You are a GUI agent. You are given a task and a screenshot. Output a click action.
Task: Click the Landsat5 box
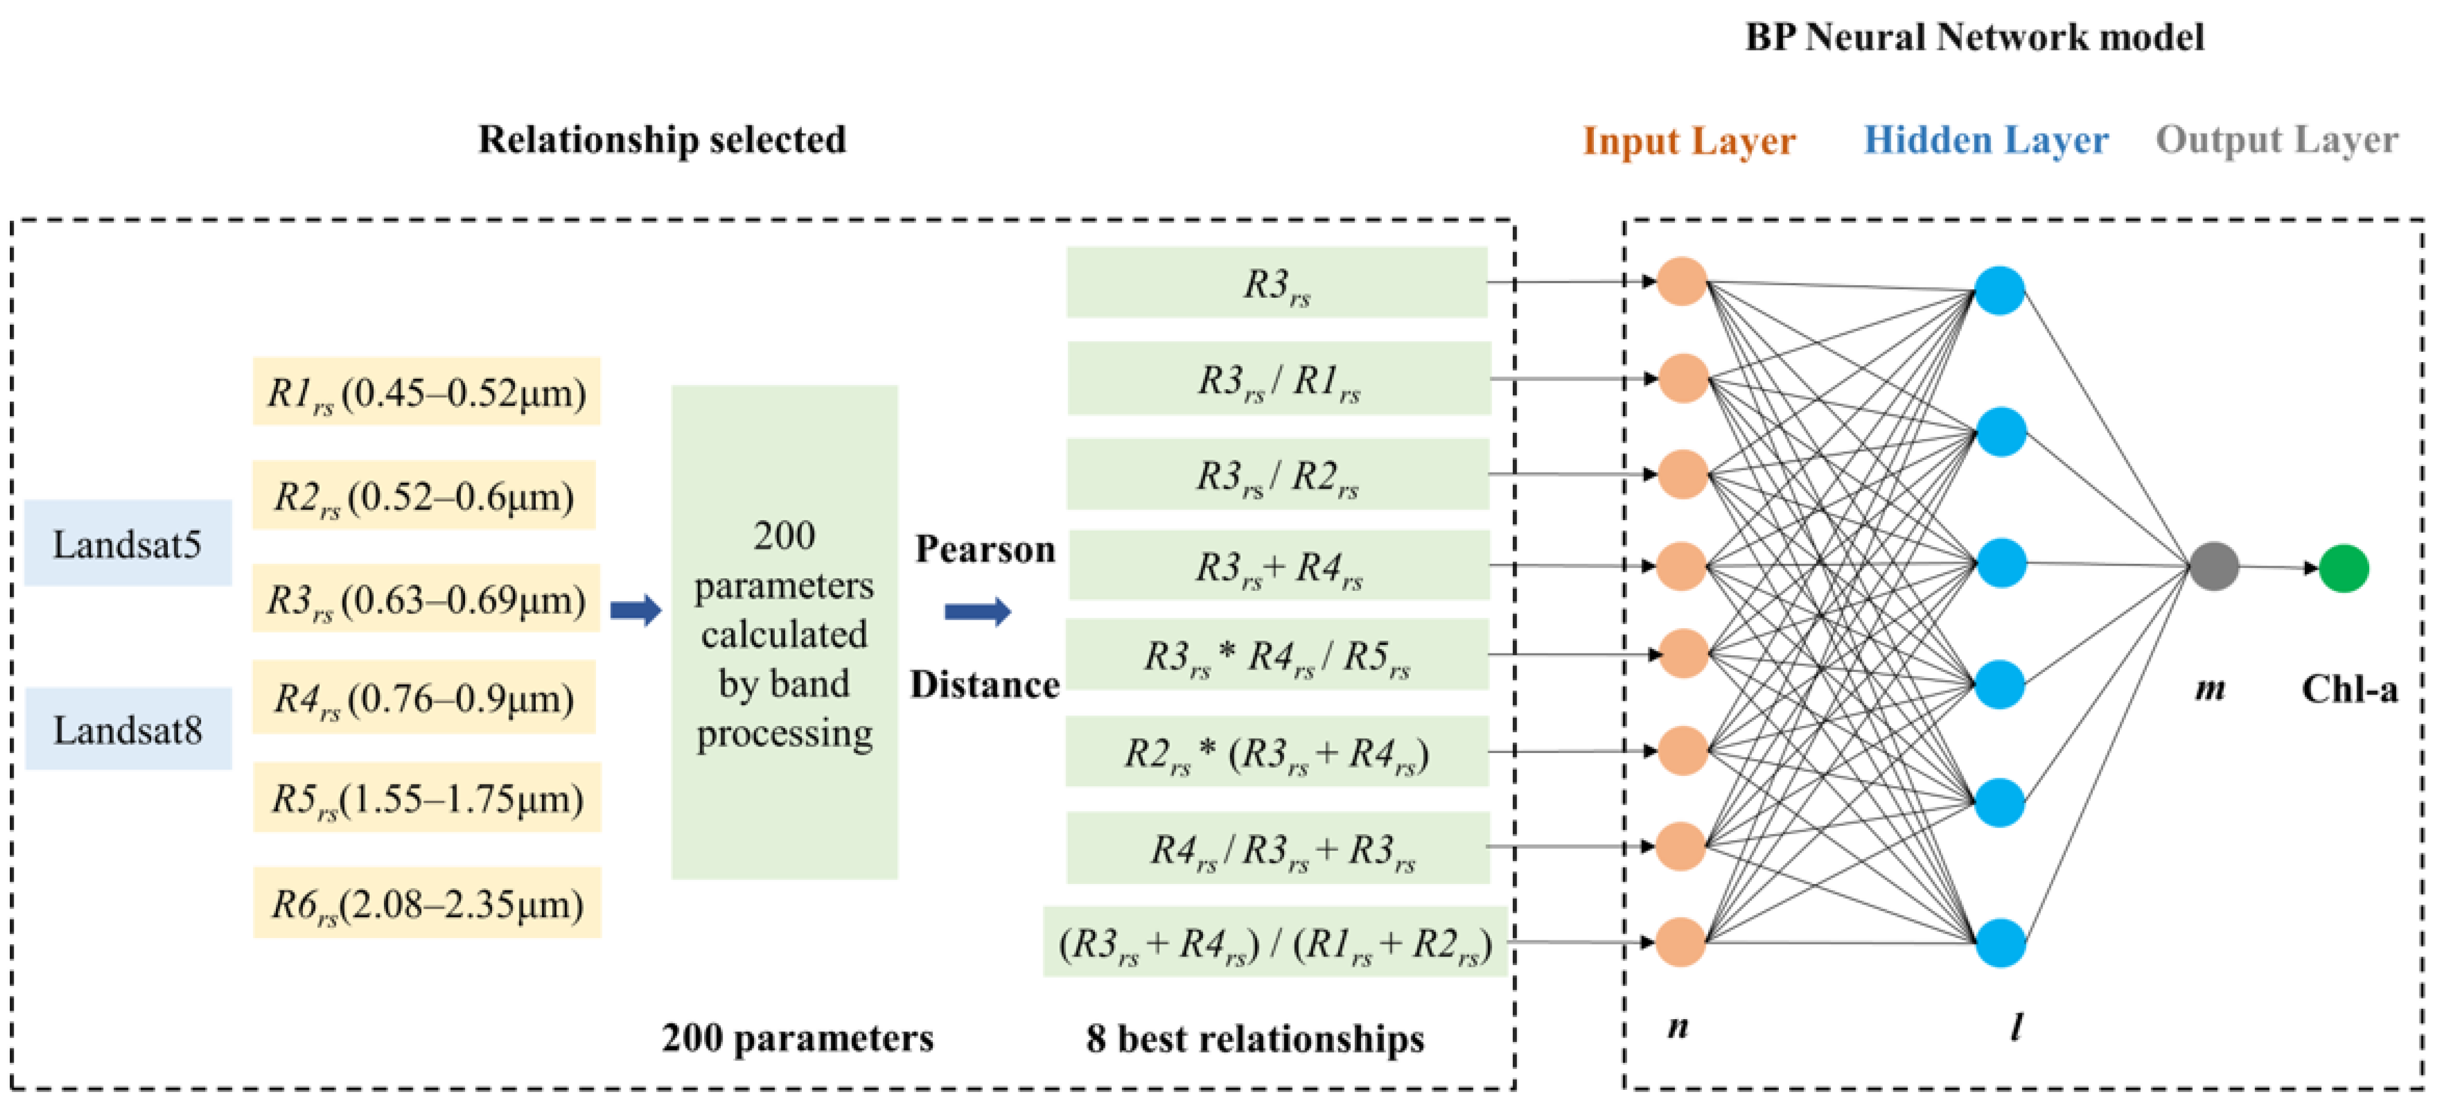tap(127, 544)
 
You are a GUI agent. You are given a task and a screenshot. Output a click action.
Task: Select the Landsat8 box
tap(128, 729)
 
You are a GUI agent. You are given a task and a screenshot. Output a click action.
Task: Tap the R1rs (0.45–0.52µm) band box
tap(426, 391)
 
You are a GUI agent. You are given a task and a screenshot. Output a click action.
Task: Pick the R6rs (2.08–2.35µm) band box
tap(426, 904)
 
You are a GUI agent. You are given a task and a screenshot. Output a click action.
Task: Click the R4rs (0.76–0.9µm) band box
tap(424, 698)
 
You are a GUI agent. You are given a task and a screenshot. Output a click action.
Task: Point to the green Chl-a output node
tap(2343, 568)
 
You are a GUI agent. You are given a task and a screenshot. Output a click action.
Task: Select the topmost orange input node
tap(1681, 281)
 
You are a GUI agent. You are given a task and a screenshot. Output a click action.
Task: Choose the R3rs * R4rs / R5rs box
tap(1277, 655)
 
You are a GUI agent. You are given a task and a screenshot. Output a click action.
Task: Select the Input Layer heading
tap(1689, 141)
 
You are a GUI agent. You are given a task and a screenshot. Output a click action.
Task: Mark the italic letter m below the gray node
tap(2210, 689)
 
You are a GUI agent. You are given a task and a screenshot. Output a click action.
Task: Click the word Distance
tap(984, 684)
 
